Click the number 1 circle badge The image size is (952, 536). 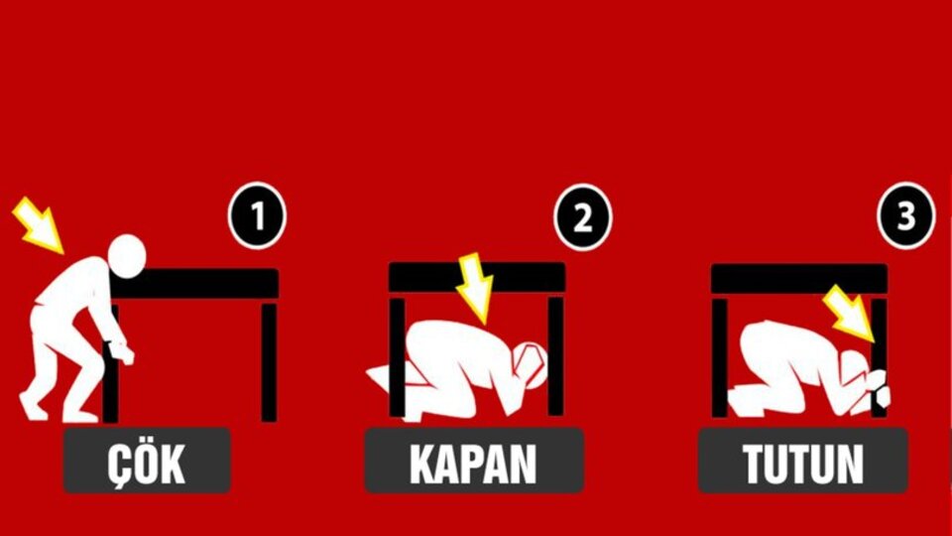[258, 216]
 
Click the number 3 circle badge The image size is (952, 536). [905, 215]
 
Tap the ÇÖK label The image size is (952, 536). [147, 462]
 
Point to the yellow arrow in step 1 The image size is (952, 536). [38, 224]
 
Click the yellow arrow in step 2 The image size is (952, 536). [477, 287]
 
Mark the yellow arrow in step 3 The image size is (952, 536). [851, 313]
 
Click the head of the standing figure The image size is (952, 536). [127, 257]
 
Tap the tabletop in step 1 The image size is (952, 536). [198, 284]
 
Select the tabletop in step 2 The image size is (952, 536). [477, 277]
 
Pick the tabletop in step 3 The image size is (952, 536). [798, 279]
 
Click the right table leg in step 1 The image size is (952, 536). [269, 362]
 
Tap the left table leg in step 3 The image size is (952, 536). [720, 357]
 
